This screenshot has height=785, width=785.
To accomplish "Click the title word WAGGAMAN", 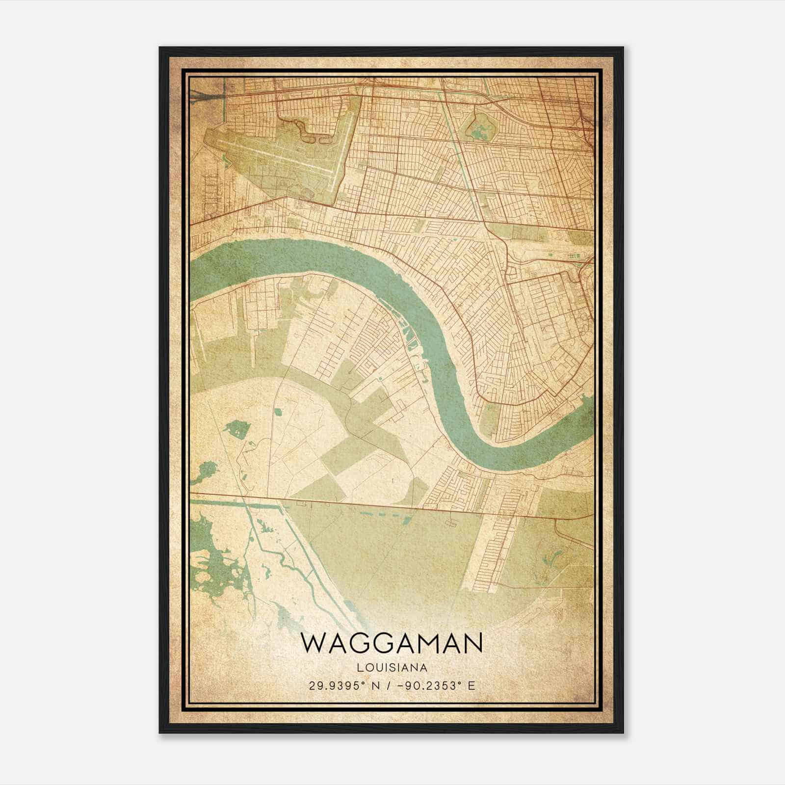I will pyautogui.click(x=392, y=643).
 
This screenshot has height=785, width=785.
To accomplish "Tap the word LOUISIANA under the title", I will pyautogui.click(x=392, y=668).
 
